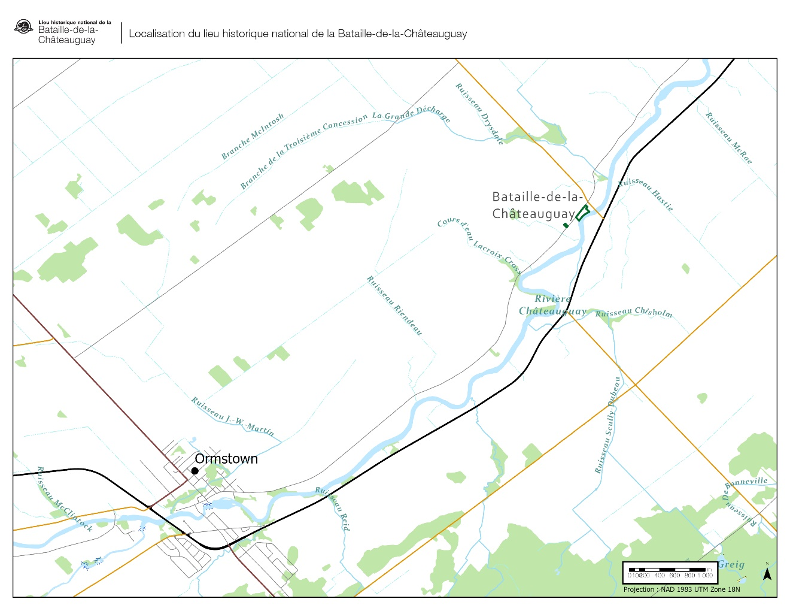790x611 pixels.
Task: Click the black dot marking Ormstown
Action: (195, 471)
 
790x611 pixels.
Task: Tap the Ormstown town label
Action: (226, 459)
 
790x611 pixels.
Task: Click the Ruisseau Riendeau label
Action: (395, 305)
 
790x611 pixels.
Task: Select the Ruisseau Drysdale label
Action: (480, 114)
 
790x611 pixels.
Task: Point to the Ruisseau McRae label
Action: (728, 138)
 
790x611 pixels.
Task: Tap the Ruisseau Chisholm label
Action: (634, 312)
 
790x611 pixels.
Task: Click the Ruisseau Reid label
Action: (333, 509)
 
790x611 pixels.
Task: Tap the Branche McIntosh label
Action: (253, 137)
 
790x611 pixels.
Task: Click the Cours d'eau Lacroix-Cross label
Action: (479, 245)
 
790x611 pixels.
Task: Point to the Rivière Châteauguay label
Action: (552, 305)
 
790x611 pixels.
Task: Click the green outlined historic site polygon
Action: (582, 213)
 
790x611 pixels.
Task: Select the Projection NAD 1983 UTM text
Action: (681, 589)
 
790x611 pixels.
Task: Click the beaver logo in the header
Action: (23, 27)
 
